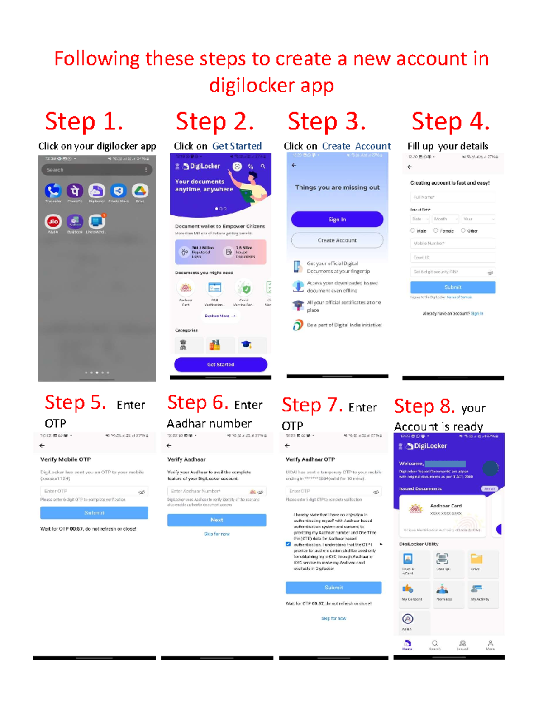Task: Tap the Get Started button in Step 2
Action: click(x=220, y=364)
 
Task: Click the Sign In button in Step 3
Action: click(x=337, y=220)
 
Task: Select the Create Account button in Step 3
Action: click(x=337, y=240)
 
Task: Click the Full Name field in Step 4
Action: click(x=452, y=197)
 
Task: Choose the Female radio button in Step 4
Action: click(x=436, y=230)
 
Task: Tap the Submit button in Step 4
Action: click(x=452, y=287)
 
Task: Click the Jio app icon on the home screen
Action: click(x=53, y=221)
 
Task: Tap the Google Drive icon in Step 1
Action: click(x=140, y=191)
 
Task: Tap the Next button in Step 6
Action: click(x=216, y=520)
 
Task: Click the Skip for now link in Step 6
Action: click(x=216, y=534)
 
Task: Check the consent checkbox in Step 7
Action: click(x=288, y=544)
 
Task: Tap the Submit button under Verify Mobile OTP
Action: click(x=94, y=513)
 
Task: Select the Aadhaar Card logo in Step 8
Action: click(x=415, y=509)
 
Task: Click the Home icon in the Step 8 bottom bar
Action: click(x=407, y=644)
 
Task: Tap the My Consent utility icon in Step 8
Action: click(x=408, y=589)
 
